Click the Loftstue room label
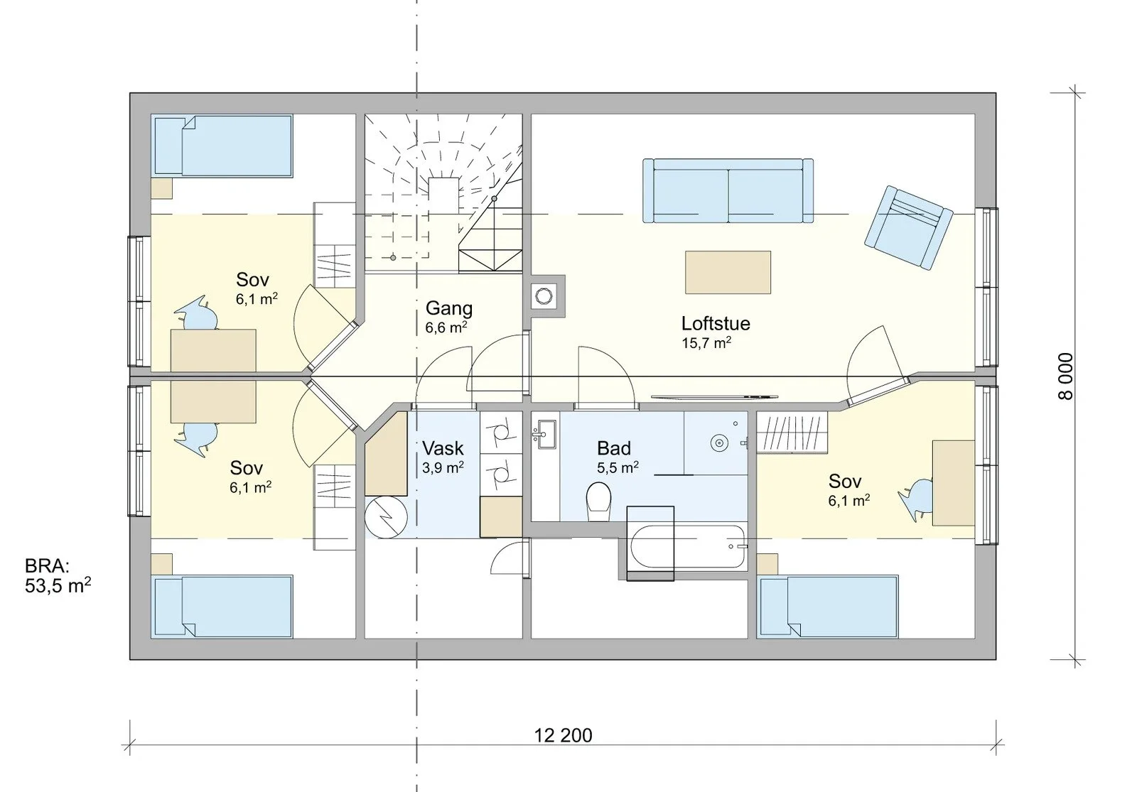715,324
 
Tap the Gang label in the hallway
448,308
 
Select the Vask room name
443,448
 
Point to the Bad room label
614,448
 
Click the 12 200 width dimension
563,735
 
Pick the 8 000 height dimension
1066,376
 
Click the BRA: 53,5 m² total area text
58,576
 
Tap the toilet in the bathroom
598,501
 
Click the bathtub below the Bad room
689,546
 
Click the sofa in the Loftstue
728,191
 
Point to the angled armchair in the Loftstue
909,228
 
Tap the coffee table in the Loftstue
728,273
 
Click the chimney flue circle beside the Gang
544,295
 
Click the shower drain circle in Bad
719,443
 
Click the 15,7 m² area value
706,344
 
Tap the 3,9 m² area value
443,468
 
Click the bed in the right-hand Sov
827,607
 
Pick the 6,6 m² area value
446,327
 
